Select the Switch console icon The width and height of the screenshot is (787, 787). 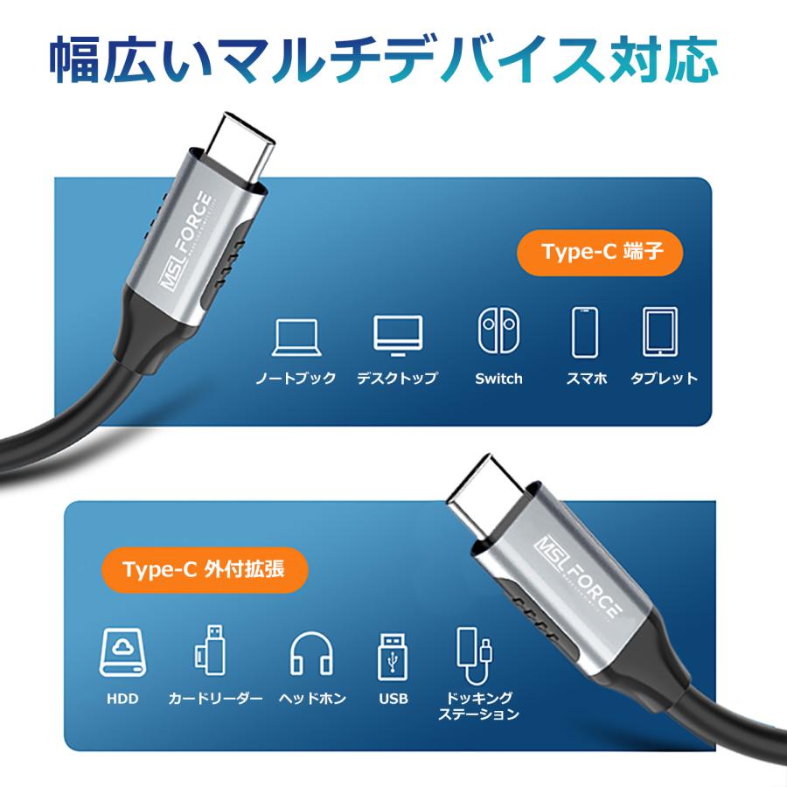(x=498, y=331)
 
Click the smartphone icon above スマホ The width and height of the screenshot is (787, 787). (x=585, y=332)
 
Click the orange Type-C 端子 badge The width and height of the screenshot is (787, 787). (x=599, y=253)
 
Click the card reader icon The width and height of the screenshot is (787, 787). (x=209, y=652)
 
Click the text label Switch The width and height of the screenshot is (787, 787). (x=498, y=379)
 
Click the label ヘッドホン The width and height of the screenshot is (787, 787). (x=312, y=699)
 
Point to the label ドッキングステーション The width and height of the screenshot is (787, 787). (x=478, y=707)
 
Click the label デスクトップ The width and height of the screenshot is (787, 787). (x=397, y=379)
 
